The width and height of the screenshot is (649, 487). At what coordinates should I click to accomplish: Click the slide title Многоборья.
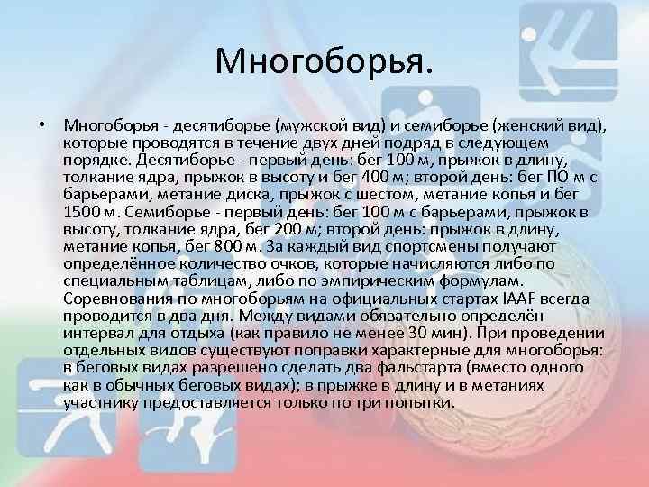324,61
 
